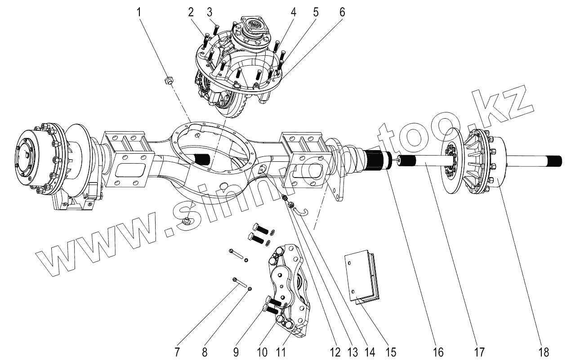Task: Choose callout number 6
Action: [x=342, y=12]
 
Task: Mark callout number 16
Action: [x=437, y=351]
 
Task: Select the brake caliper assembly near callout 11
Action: [x=286, y=290]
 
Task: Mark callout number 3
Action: [x=210, y=12]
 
